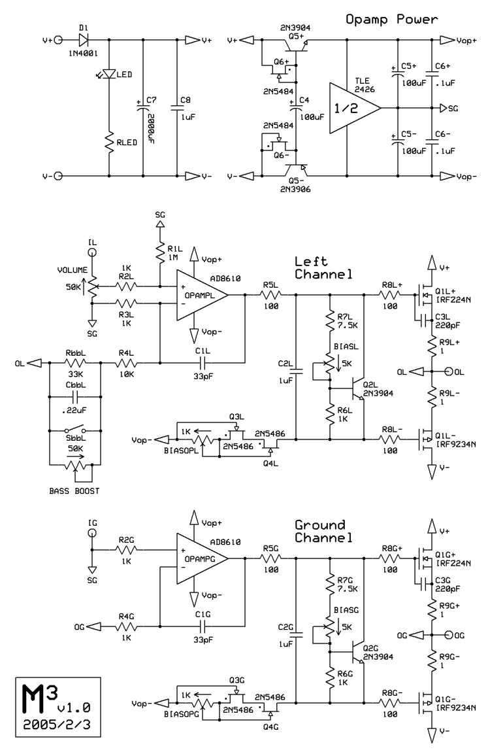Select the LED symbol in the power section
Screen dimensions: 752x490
[108, 75]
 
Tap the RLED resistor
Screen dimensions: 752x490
[108, 142]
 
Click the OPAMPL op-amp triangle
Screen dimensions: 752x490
[199, 296]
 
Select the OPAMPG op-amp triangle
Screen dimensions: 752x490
[199, 559]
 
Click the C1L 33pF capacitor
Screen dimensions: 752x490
[203, 362]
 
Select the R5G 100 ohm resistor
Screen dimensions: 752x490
[270, 559]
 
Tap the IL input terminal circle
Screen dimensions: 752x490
[92, 252]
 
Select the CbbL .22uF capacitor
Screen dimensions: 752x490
[75, 397]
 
